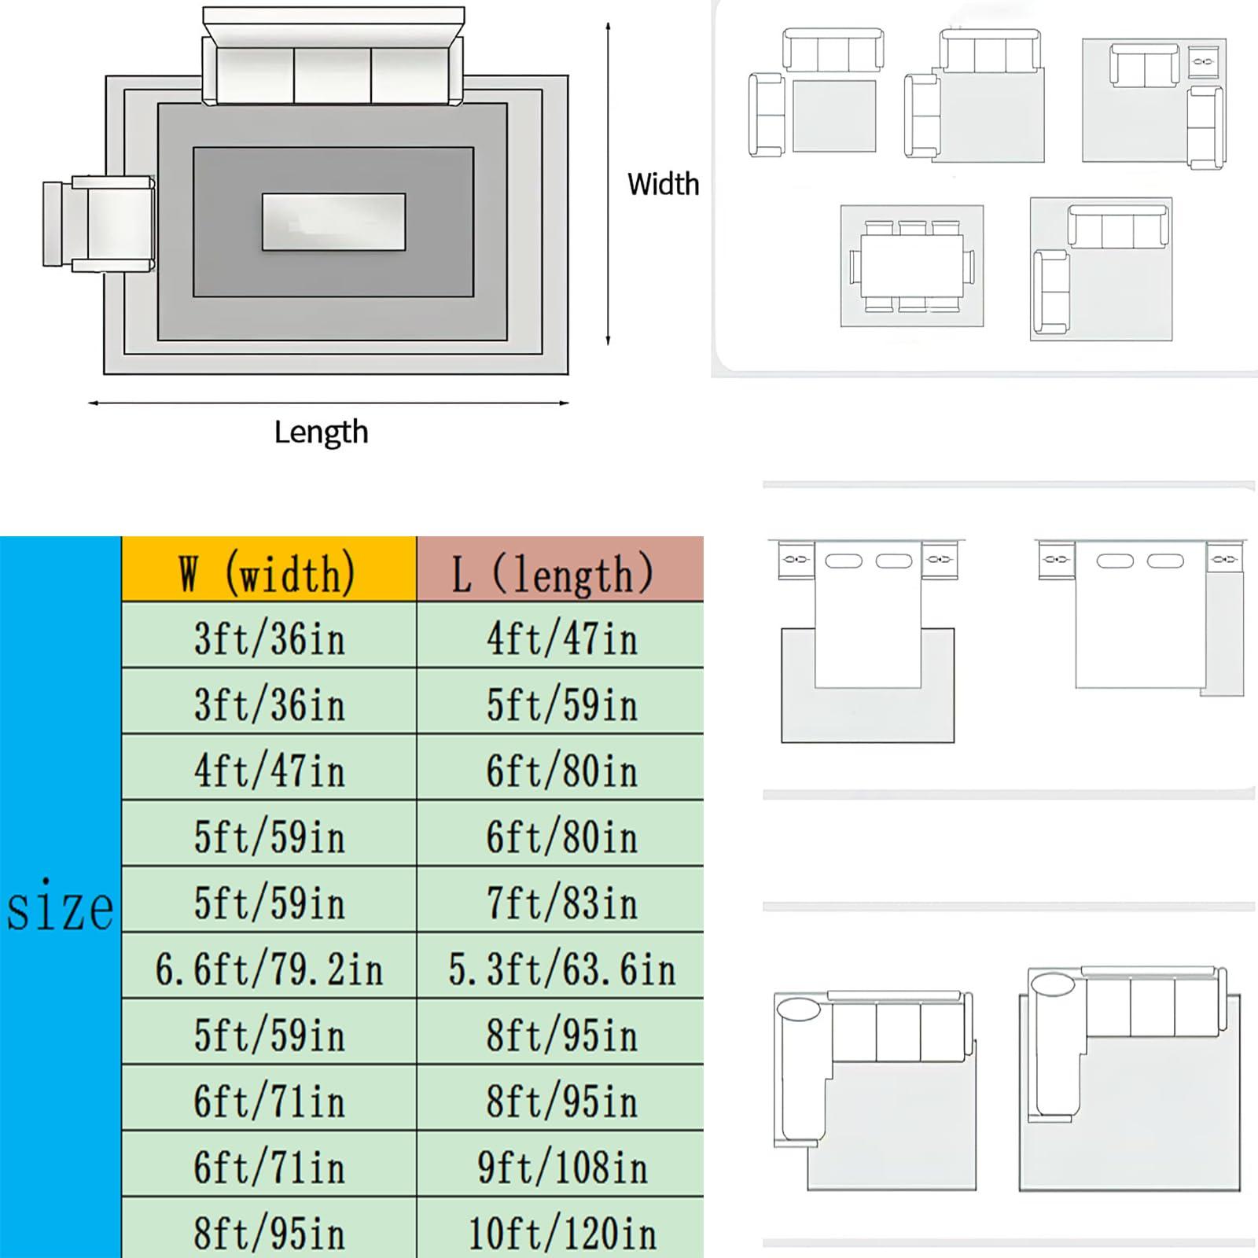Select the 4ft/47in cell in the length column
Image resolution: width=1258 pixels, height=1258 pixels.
click(561, 638)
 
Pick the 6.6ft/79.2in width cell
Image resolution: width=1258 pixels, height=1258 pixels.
click(269, 968)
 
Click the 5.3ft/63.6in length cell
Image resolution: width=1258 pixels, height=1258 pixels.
click(561, 968)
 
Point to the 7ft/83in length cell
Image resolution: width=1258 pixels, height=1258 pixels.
click(561, 902)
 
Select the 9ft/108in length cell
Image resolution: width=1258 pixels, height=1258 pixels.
click(561, 1166)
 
